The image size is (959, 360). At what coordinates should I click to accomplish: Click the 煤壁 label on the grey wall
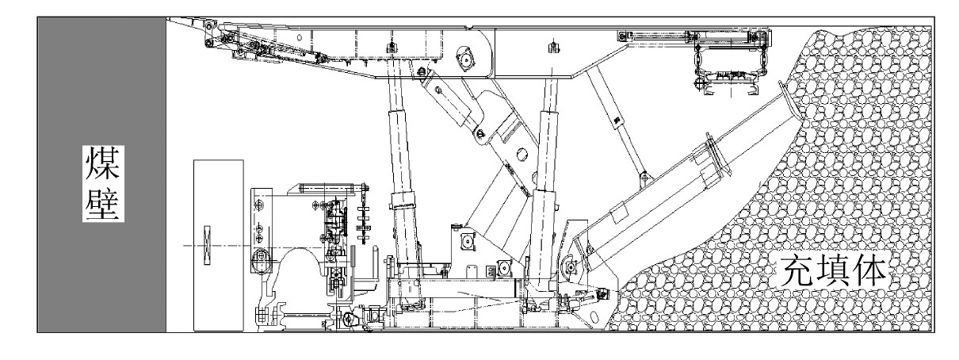tap(102, 183)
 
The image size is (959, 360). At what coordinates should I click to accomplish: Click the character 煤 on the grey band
tap(102, 163)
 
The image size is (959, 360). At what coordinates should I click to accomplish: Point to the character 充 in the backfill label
tap(794, 272)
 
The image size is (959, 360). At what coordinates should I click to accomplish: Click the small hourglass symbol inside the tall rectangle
tap(208, 246)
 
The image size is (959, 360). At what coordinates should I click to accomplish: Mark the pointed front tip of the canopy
tap(176, 19)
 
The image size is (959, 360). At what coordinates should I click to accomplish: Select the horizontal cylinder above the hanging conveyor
tap(697, 35)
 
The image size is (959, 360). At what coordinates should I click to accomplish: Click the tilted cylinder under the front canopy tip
tap(273, 51)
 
